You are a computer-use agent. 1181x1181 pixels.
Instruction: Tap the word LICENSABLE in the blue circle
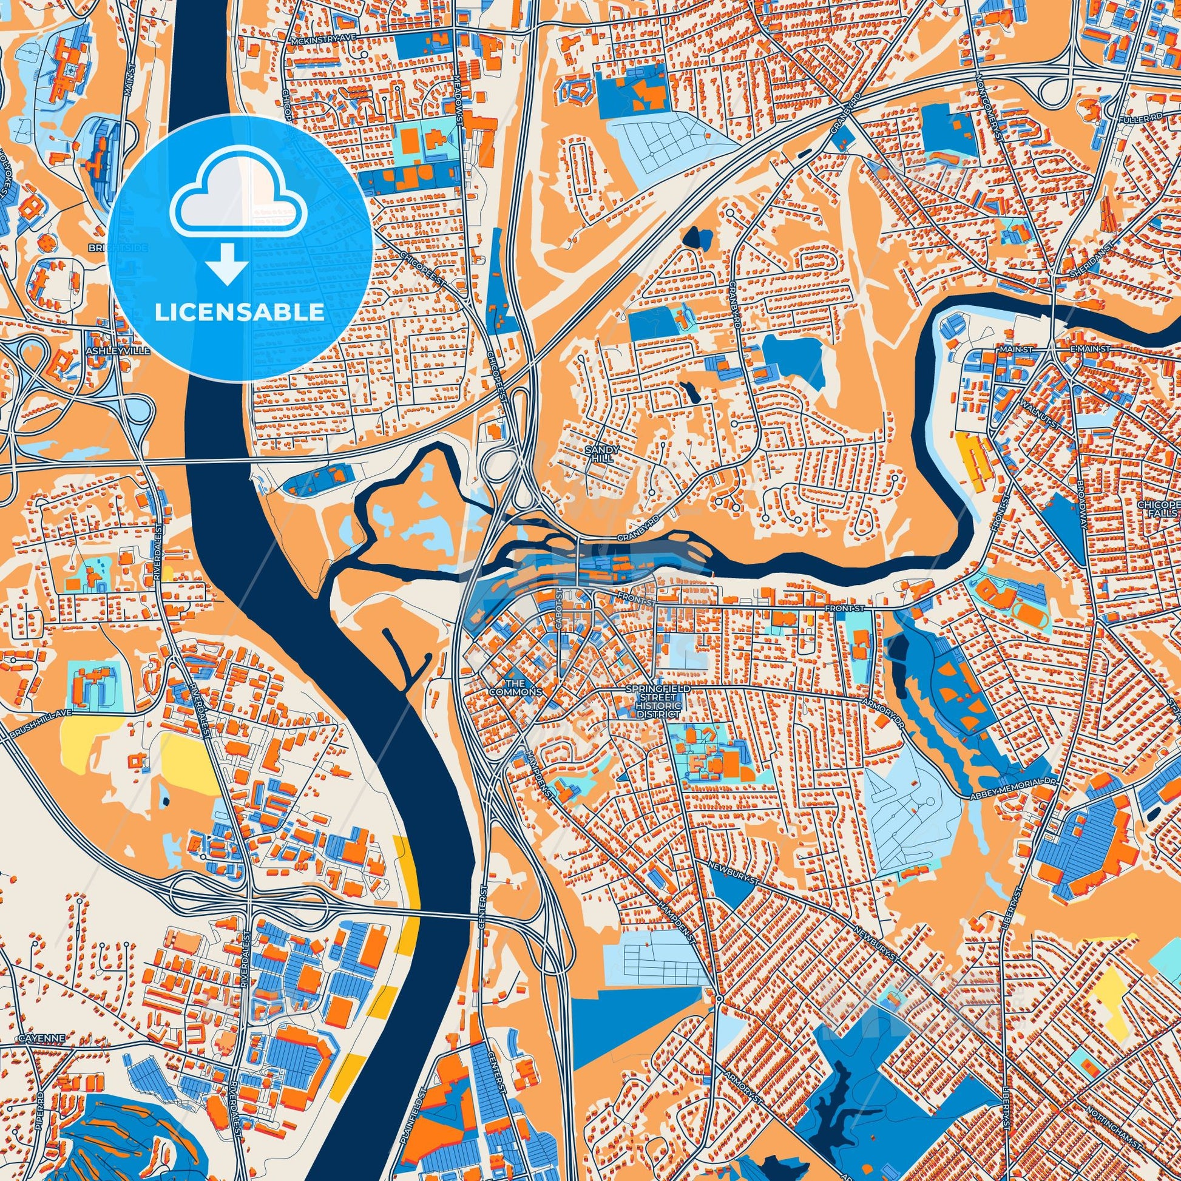pyautogui.click(x=240, y=312)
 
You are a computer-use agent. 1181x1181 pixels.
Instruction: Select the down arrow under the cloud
pyautogui.click(x=226, y=262)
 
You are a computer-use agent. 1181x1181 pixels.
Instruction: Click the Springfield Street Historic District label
pyautogui.click(x=657, y=701)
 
